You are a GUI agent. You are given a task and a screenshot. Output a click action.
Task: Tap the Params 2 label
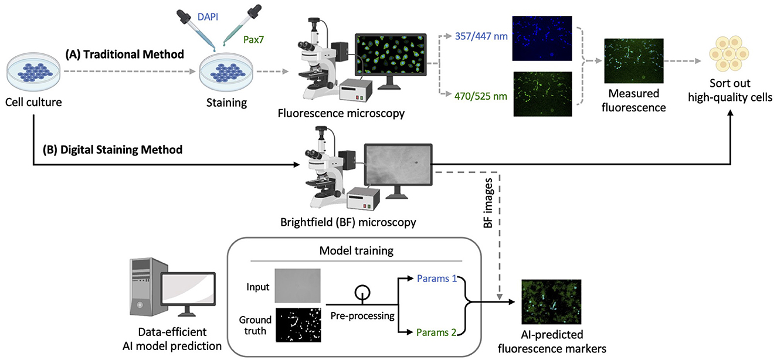[x=437, y=332]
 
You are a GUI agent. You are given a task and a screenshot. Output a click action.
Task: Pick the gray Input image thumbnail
[x=298, y=285]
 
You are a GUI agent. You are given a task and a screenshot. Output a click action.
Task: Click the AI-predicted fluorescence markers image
[x=551, y=301]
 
